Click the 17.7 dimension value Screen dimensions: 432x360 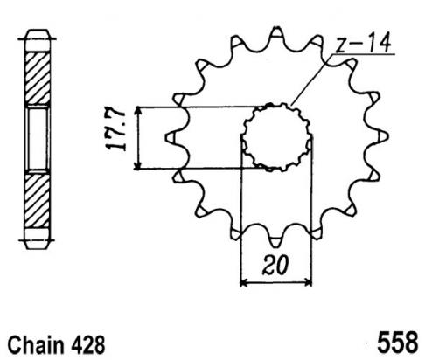116,130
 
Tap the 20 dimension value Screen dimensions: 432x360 275,265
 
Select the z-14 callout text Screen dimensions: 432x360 363,43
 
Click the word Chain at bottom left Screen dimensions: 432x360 36,345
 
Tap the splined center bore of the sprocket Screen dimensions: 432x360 276,137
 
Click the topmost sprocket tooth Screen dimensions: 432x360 276,32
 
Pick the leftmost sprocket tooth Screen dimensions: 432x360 171,137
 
